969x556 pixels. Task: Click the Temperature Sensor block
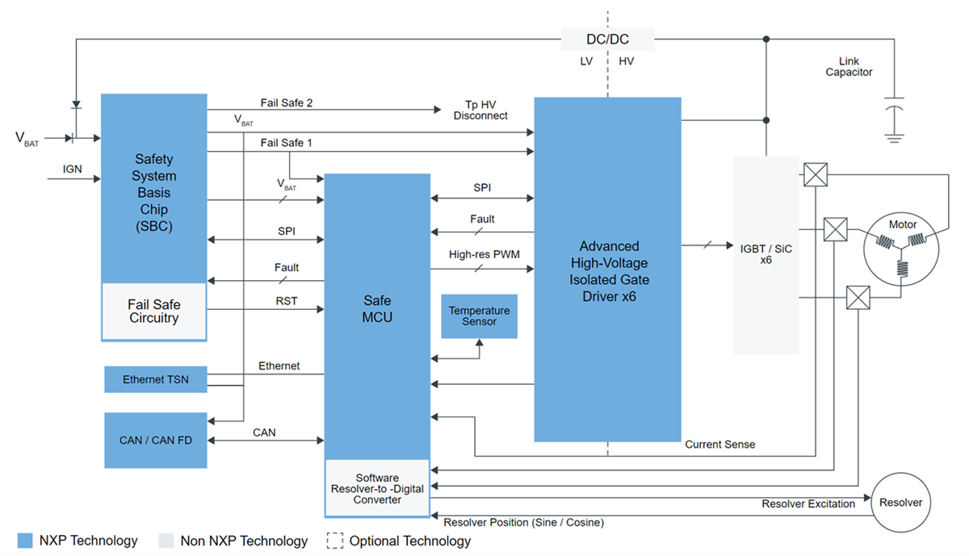(479, 316)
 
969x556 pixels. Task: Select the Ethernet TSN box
(155, 379)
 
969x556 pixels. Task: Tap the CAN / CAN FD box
(155, 440)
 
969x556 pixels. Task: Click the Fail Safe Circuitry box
(153, 311)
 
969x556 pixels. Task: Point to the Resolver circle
(900, 502)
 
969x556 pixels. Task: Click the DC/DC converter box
(607, 39)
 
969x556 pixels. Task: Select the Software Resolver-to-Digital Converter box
(377, 488)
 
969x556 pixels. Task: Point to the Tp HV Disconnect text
(480, 110)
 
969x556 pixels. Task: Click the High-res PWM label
(484, 255)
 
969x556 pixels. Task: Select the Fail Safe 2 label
(287, 102)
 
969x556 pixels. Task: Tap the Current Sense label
(720, 444)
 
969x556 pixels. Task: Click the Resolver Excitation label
(807, 504)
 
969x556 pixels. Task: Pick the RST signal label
(286, 301)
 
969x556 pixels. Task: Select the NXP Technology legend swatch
(25, 541)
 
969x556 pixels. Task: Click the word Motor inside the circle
(903, 225)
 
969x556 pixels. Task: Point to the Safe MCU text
(377, 308)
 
